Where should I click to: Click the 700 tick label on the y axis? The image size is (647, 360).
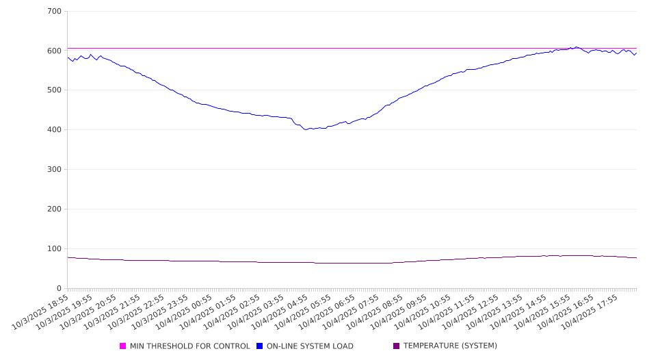pyautogui.click(x=54, y=12)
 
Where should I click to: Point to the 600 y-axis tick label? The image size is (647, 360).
pyautogui.click(x=54, y=51)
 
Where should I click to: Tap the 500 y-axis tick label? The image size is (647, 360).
pyautogui.click(x=54, y=90)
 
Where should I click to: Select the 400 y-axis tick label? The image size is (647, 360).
pyautogui.click(x=54, y=130)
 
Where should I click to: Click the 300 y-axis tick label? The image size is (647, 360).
pyautogui.click(x=54, y=170)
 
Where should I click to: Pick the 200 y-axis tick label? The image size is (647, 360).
pyautogui.click(x=54, y=209)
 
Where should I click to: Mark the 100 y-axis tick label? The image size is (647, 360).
pyautogui.click(x=54, y=249)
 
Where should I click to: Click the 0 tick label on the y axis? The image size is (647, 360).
pyautogui.click(x=59, y=288)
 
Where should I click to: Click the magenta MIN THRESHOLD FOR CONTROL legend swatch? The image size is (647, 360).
pyautogui.click(x=123, y=346)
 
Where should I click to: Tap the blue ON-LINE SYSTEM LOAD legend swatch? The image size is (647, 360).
pyautogui.click(x=260, y=346)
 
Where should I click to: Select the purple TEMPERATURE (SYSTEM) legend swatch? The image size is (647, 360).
pyautogui.click(x=397, y=346)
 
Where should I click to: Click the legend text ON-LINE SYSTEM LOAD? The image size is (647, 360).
pyautogui.click(x=310, y=346)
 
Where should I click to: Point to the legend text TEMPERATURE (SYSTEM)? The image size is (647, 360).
pyautogui.click(x=450, y=346)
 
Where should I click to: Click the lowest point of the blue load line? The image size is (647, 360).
pyautogui.click(x=307, y=129)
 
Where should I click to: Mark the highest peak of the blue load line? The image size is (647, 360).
pyautogui.click(x=576, y=47)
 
